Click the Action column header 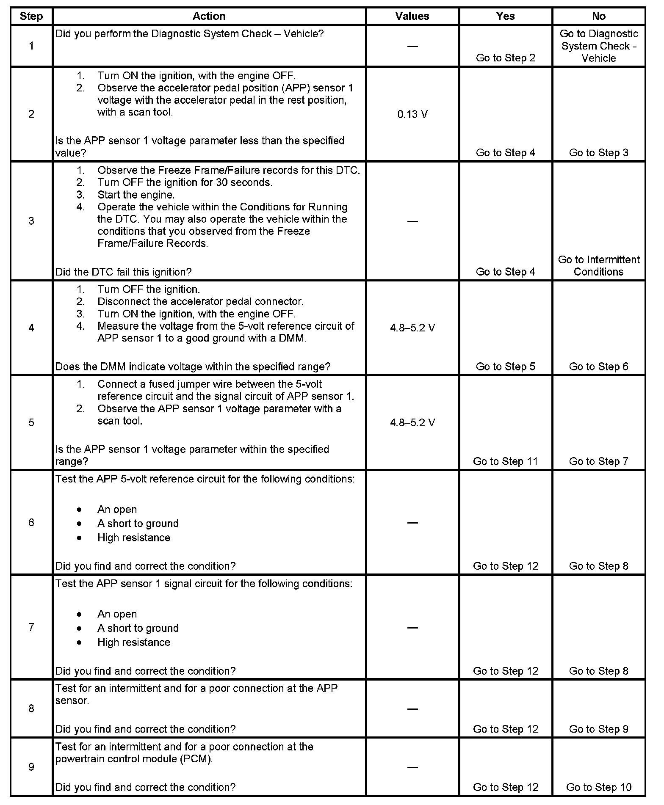tap(209, 16)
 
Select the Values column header tap(412, 16)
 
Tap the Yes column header tap(505, 16)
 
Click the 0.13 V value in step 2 tap(412, 114)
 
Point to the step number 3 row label tap(31, 221)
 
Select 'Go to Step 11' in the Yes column tap(505, 461)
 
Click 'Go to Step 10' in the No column tap(598, 787)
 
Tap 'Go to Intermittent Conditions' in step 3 tap(598, 266)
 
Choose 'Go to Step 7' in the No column tap(598, 461)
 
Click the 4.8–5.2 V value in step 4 tap(412, 328)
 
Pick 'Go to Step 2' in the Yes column tap(505, 58)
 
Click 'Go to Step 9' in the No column tap(598, 729)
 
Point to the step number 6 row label tap(31, 522)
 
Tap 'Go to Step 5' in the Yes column tap(505, 367)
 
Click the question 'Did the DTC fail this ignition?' tap(124, 272)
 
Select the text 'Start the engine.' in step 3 tap(136, 195)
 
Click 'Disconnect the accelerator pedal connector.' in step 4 tap(200, 302)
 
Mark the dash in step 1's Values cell tap(412, 46)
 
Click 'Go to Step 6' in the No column tap(598, 367)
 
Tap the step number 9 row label tap(31, 767)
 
